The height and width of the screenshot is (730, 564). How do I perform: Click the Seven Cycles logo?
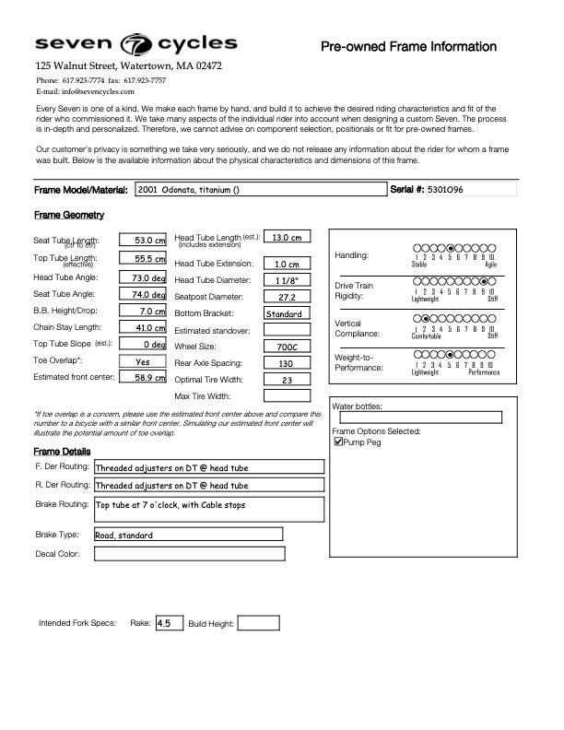pos(135,44)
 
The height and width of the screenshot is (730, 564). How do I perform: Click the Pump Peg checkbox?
pos(338,442)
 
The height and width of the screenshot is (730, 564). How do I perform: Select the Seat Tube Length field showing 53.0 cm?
pos(143,241)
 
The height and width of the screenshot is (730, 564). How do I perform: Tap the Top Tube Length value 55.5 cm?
pos(143,259)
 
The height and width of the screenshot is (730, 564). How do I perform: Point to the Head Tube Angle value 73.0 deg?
pos(143,277)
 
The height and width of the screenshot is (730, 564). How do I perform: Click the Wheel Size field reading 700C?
pos(287,347)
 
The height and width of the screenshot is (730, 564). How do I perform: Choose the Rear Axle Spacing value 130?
pos(287,363)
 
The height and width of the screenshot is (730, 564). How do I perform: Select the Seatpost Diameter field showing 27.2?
pos(287,297)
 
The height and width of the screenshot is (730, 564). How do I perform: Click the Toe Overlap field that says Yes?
pos(143,361)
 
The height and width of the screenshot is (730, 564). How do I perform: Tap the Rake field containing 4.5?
pos(169,623)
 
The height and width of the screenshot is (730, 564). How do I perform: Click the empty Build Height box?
pos(258,623)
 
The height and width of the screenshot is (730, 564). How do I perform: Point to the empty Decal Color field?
pos(189,554)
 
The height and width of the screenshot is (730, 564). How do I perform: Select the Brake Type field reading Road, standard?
pos(188,535)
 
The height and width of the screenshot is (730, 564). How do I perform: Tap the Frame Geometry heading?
pos(69,215)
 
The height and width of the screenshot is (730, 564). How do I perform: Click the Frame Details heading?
pos(62,452)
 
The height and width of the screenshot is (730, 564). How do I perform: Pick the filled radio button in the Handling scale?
pos(450,248)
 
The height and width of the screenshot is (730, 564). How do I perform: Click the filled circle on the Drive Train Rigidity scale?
pos(483,281)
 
